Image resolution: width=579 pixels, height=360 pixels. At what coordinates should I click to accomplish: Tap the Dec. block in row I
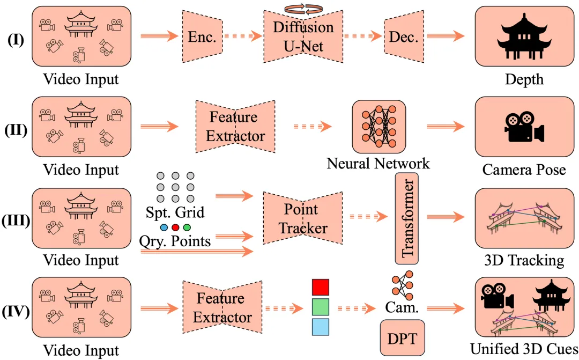coord(405,36)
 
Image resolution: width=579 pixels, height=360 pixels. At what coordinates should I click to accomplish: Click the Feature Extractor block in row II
coord(234,127)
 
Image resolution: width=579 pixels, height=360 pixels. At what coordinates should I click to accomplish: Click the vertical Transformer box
coord(406,218)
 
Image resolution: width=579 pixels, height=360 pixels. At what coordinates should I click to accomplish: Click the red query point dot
coord(175,227)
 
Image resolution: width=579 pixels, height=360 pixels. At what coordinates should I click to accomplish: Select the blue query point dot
coord(164,227)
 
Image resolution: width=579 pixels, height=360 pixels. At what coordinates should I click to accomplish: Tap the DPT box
coord(402,338)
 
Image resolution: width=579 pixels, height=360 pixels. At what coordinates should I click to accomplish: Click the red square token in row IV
coord(320,286)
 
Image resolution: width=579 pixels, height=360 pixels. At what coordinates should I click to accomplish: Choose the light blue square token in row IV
coord(320,326)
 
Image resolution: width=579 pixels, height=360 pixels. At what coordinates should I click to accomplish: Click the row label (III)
coord(16,221)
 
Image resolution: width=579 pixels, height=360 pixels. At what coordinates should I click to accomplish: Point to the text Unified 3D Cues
coord(524,349)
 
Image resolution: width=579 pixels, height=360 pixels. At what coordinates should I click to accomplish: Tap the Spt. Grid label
coord(175,212)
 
